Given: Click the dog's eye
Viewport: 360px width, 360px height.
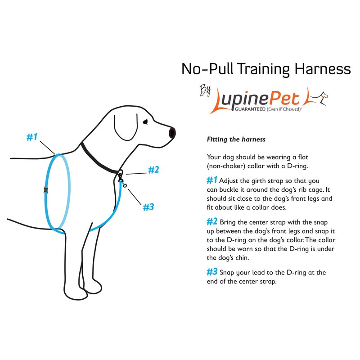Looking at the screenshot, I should click(145, 121).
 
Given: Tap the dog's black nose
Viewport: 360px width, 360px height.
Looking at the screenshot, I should click(172, 133).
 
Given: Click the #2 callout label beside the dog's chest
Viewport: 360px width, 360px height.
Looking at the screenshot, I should click(153, 170).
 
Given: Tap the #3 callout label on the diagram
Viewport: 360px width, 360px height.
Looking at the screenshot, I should click(148, 207).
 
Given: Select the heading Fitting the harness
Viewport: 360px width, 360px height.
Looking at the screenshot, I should click(236, 139).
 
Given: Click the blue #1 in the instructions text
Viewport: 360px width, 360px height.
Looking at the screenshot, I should click(211, 180).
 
